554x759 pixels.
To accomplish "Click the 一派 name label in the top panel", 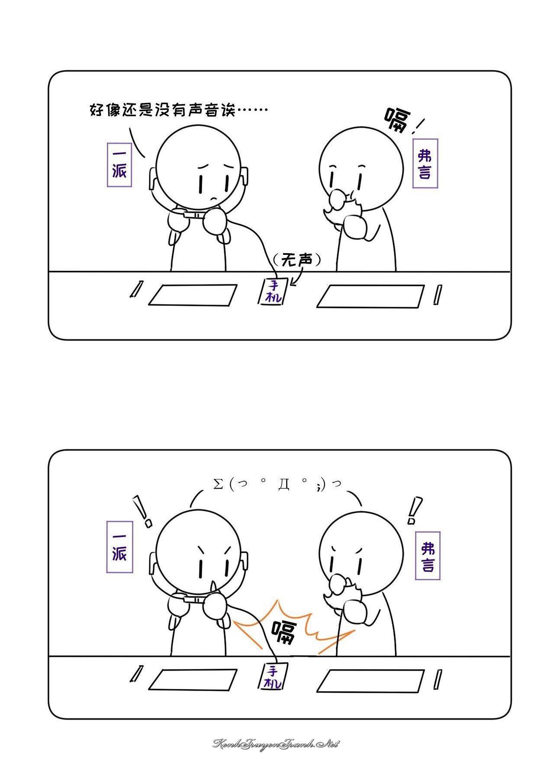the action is (x=119, y=164).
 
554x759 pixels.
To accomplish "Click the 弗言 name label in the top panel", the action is (x=425, y=163).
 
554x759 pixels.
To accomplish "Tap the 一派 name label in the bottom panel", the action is (x=119, y=547).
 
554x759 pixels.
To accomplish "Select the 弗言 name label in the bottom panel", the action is (x=428, y=556).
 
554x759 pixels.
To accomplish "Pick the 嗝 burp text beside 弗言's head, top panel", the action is (x=398, y=120).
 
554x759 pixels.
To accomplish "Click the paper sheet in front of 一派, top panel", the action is (x=193, y=295).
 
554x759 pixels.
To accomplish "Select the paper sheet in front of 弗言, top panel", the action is (x=370, y=296).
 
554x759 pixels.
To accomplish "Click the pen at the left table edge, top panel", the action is (x=135, y=289).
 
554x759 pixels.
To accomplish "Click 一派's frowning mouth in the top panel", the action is (x=213, y=199).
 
